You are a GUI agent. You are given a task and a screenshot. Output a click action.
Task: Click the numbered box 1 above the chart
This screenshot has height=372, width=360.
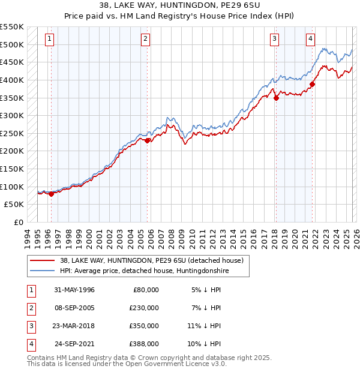(x=49, y=40)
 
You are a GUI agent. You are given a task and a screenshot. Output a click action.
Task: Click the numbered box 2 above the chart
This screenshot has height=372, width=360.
(x=146, y=40)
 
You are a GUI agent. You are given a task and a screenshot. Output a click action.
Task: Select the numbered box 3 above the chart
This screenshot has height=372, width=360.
(x=274, y=40)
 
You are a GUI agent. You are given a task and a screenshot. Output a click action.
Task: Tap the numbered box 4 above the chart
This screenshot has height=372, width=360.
(x=310, y=40)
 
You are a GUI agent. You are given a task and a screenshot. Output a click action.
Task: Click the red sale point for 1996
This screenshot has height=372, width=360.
(x=52, y=193)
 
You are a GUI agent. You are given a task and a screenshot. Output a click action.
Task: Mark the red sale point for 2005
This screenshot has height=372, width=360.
(x=148, y=140)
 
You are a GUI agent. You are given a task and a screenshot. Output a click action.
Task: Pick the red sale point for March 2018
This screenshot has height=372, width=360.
(x=276, y=98)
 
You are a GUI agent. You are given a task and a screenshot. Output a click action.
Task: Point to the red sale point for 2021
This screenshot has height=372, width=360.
(x=313, y=85)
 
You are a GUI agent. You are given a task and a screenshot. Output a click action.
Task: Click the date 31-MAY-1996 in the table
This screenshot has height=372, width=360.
(x=74, y=290)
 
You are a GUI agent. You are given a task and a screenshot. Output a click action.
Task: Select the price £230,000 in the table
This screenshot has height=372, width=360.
(x=145, y=308)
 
